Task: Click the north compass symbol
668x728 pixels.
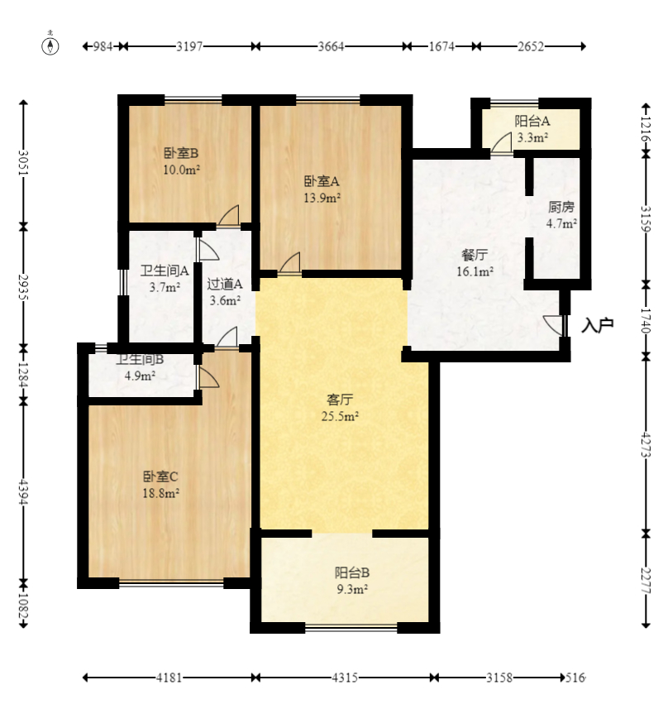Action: point(51,45)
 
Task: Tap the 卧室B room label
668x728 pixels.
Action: point(181,153)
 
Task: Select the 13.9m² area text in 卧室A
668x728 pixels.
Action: point(322,198)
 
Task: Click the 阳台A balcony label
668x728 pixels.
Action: point(532,121)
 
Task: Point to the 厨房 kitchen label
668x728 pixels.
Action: point(561,207)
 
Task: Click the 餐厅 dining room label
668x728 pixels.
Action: point(476,255)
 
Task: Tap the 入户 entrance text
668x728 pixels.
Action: point(597,325)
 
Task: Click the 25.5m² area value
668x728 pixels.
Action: point(339,417)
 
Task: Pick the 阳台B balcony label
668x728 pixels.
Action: point(351,572)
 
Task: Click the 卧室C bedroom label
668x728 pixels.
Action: point(160,477)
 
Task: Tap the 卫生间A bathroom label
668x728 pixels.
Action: point(165,271)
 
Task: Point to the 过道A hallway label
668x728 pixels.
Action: point(224,285)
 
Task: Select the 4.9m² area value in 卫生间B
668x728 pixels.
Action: point(140,376)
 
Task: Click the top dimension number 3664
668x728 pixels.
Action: point(332,46)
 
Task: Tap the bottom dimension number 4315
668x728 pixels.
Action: point(345,678)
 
